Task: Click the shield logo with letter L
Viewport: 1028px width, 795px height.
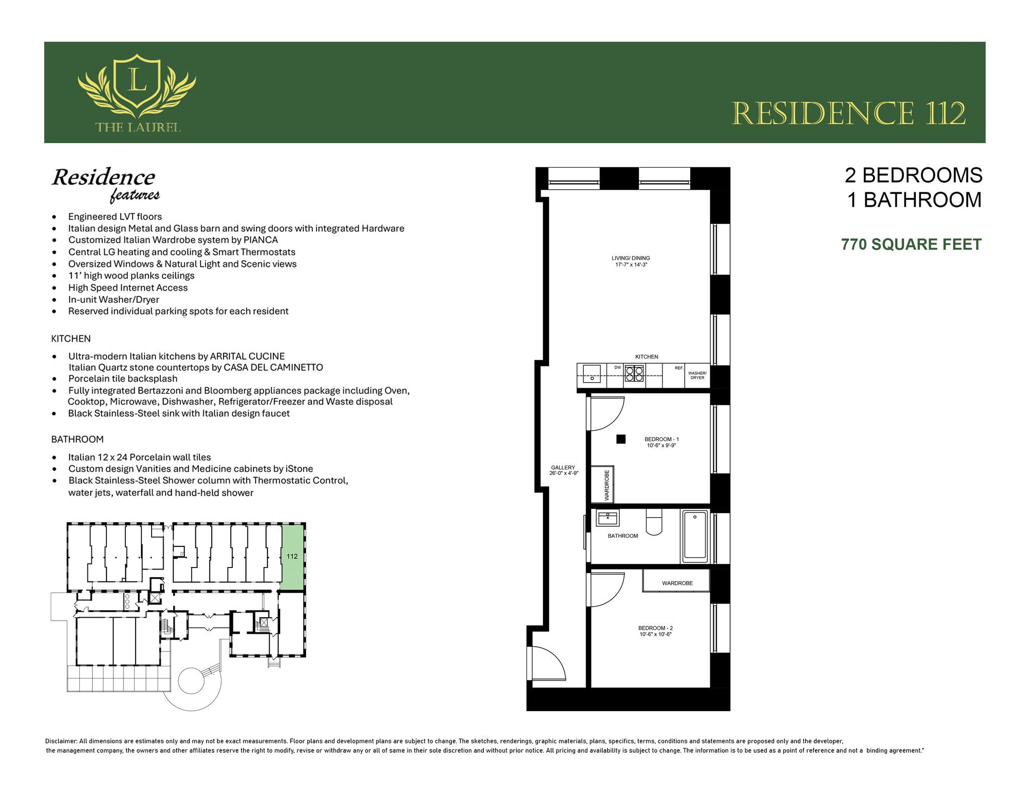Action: coord(137,83)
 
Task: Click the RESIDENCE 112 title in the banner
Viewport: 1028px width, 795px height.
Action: coord(848,114)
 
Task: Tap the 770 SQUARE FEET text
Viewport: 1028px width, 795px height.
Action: coord(911,245)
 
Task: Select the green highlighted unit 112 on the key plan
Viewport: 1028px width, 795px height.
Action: coord(292,556)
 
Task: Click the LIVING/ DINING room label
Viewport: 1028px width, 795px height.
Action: coord(630,261)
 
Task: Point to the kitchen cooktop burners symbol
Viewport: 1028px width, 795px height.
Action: coord(634,374)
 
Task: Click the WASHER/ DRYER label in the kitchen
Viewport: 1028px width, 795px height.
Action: coord(697,375)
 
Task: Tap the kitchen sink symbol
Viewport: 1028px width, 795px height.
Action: coord(592,374)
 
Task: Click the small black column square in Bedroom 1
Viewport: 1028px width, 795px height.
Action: coord(621,439)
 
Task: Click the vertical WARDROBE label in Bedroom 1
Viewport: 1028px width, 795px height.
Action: coord(606,485)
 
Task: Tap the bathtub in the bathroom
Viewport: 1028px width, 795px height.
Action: coord(695,536)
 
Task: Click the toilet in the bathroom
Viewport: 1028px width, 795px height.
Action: coord(654,523)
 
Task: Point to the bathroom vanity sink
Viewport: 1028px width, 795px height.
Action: coord(607,517)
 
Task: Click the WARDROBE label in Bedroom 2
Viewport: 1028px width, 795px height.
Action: coord(677,583)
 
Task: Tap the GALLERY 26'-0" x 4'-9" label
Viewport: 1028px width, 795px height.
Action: coord(564,470)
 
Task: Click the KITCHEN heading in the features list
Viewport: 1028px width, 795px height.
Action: coord(71,338)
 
